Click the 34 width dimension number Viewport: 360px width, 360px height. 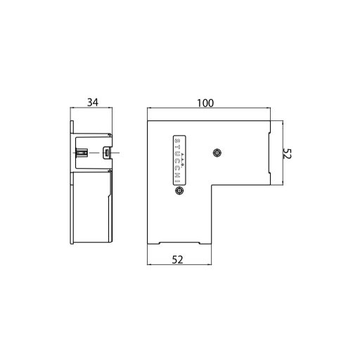tap(92, 103)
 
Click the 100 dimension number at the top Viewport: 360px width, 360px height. tap(205, 103)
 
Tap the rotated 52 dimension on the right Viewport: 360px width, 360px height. tap(286, 155)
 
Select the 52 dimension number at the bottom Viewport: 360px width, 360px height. tap(178, 259)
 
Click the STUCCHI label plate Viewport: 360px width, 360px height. tap(178, 161)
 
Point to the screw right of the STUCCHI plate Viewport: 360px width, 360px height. tap(217, 153)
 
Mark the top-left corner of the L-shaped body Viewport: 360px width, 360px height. tap(148, 120)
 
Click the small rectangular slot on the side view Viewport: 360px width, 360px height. tap(108, 153)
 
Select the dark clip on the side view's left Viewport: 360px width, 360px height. tap(82, 153)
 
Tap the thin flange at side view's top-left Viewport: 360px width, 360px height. tap(72, 127)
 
